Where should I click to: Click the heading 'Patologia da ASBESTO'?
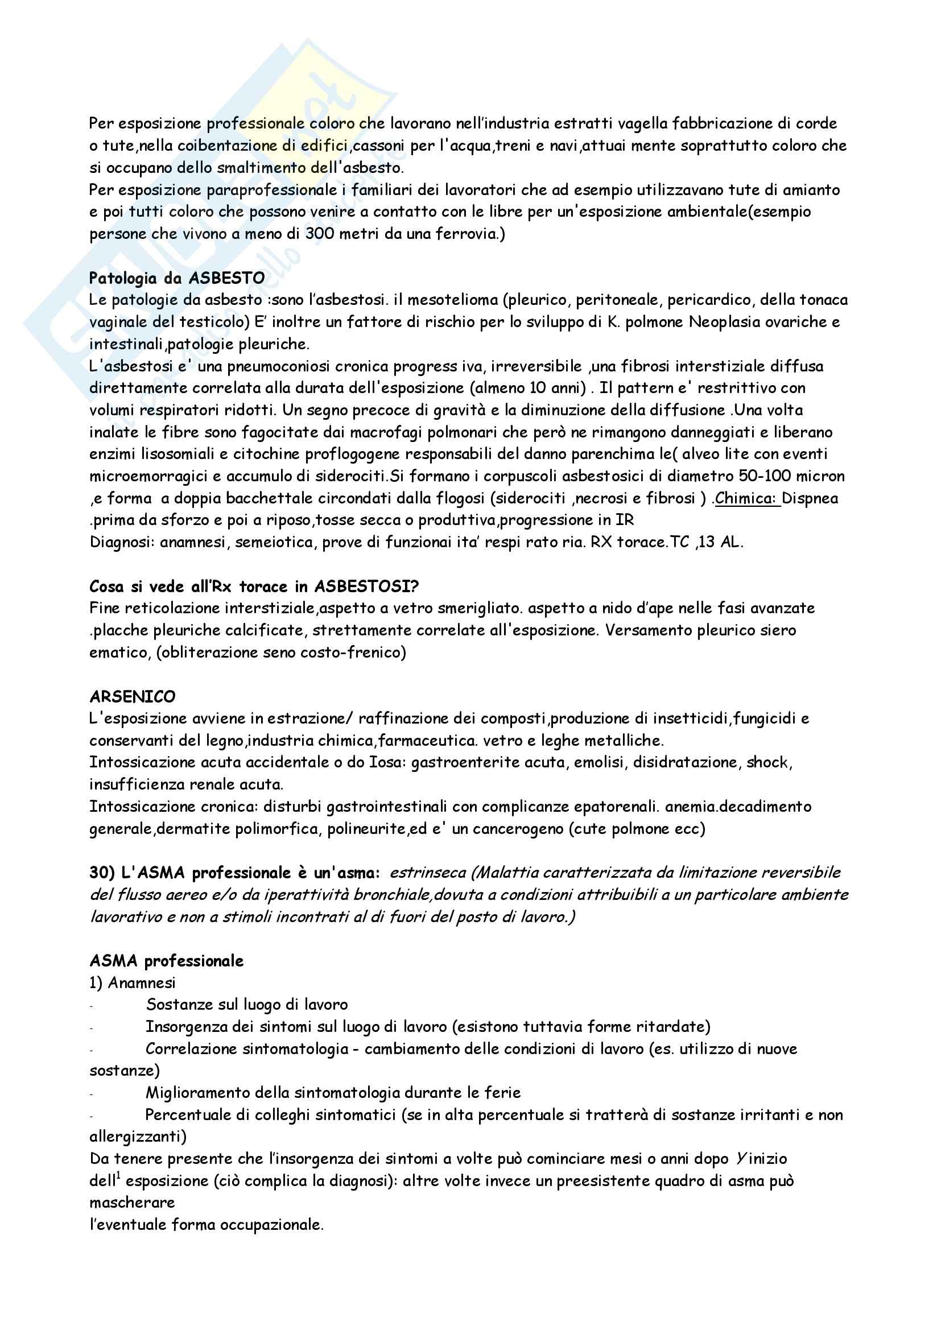tap(177, 278)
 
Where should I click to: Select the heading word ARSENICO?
tap(132, 696)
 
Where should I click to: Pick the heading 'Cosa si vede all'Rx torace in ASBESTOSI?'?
tap(254, 586)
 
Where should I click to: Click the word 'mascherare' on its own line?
tap(132, 1203)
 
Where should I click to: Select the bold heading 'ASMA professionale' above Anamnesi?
tap(166, 961)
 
